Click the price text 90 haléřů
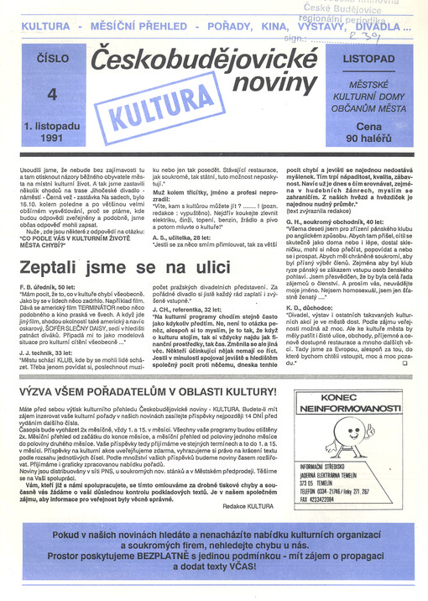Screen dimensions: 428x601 (x=374, y=135)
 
